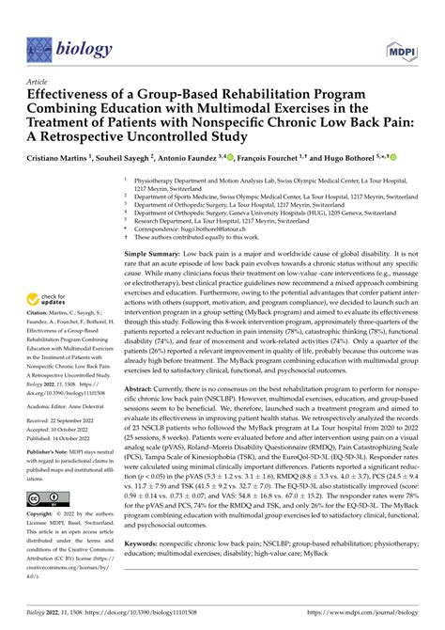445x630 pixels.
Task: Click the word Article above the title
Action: click(42, 81)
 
